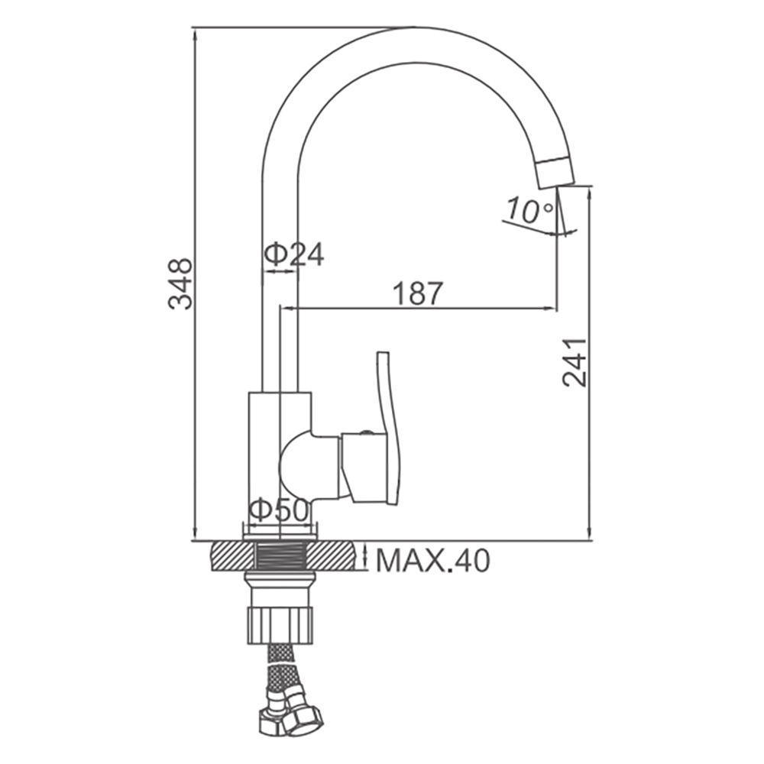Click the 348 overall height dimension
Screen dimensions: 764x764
pos(180,284)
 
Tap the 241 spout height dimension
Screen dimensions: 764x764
pos(575,361)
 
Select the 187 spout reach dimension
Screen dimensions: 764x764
pos(418,293)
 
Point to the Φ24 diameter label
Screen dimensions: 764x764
pos(294,254)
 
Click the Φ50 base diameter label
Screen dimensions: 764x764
pos(279,510)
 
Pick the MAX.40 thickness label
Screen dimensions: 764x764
pos(432,561)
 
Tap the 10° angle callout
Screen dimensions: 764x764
pos(529,211)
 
